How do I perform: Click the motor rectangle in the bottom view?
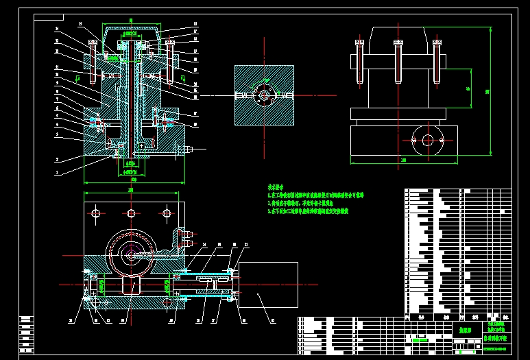coord(267,285)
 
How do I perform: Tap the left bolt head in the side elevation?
coord(359,43)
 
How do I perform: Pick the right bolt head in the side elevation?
coord(437,43)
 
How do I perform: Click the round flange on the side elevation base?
coord(428,141)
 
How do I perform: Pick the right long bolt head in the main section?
coord(170,45)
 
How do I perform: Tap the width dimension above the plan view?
coord(131,192)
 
